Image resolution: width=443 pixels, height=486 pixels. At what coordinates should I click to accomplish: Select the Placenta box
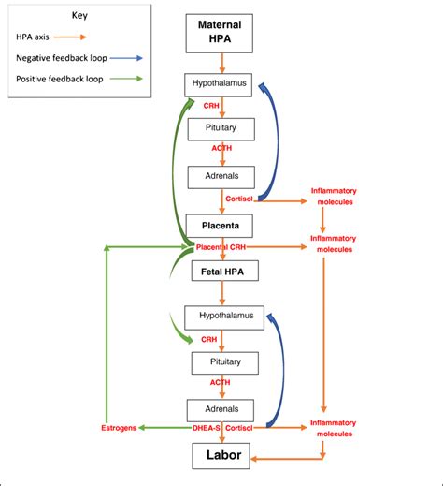[221, 226]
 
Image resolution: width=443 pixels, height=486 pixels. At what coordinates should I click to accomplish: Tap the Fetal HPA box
[221, 272]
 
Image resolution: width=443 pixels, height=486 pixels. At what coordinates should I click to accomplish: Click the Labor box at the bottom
[221, 458]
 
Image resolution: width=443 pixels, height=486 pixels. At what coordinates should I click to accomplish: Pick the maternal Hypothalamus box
[221, 85]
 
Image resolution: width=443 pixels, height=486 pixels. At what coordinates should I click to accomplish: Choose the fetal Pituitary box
[221, 361]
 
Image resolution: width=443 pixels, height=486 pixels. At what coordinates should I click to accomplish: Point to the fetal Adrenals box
[221, 408]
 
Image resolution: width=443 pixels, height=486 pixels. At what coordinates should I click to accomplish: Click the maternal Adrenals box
[221, 175]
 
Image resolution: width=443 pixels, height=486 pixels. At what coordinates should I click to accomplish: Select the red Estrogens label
[118, 428]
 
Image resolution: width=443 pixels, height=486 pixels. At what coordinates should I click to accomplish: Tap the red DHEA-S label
[206, 428]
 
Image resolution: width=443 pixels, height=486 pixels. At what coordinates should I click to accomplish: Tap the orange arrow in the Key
[71, 37]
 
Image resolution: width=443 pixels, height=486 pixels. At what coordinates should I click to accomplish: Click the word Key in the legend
[81, 16]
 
